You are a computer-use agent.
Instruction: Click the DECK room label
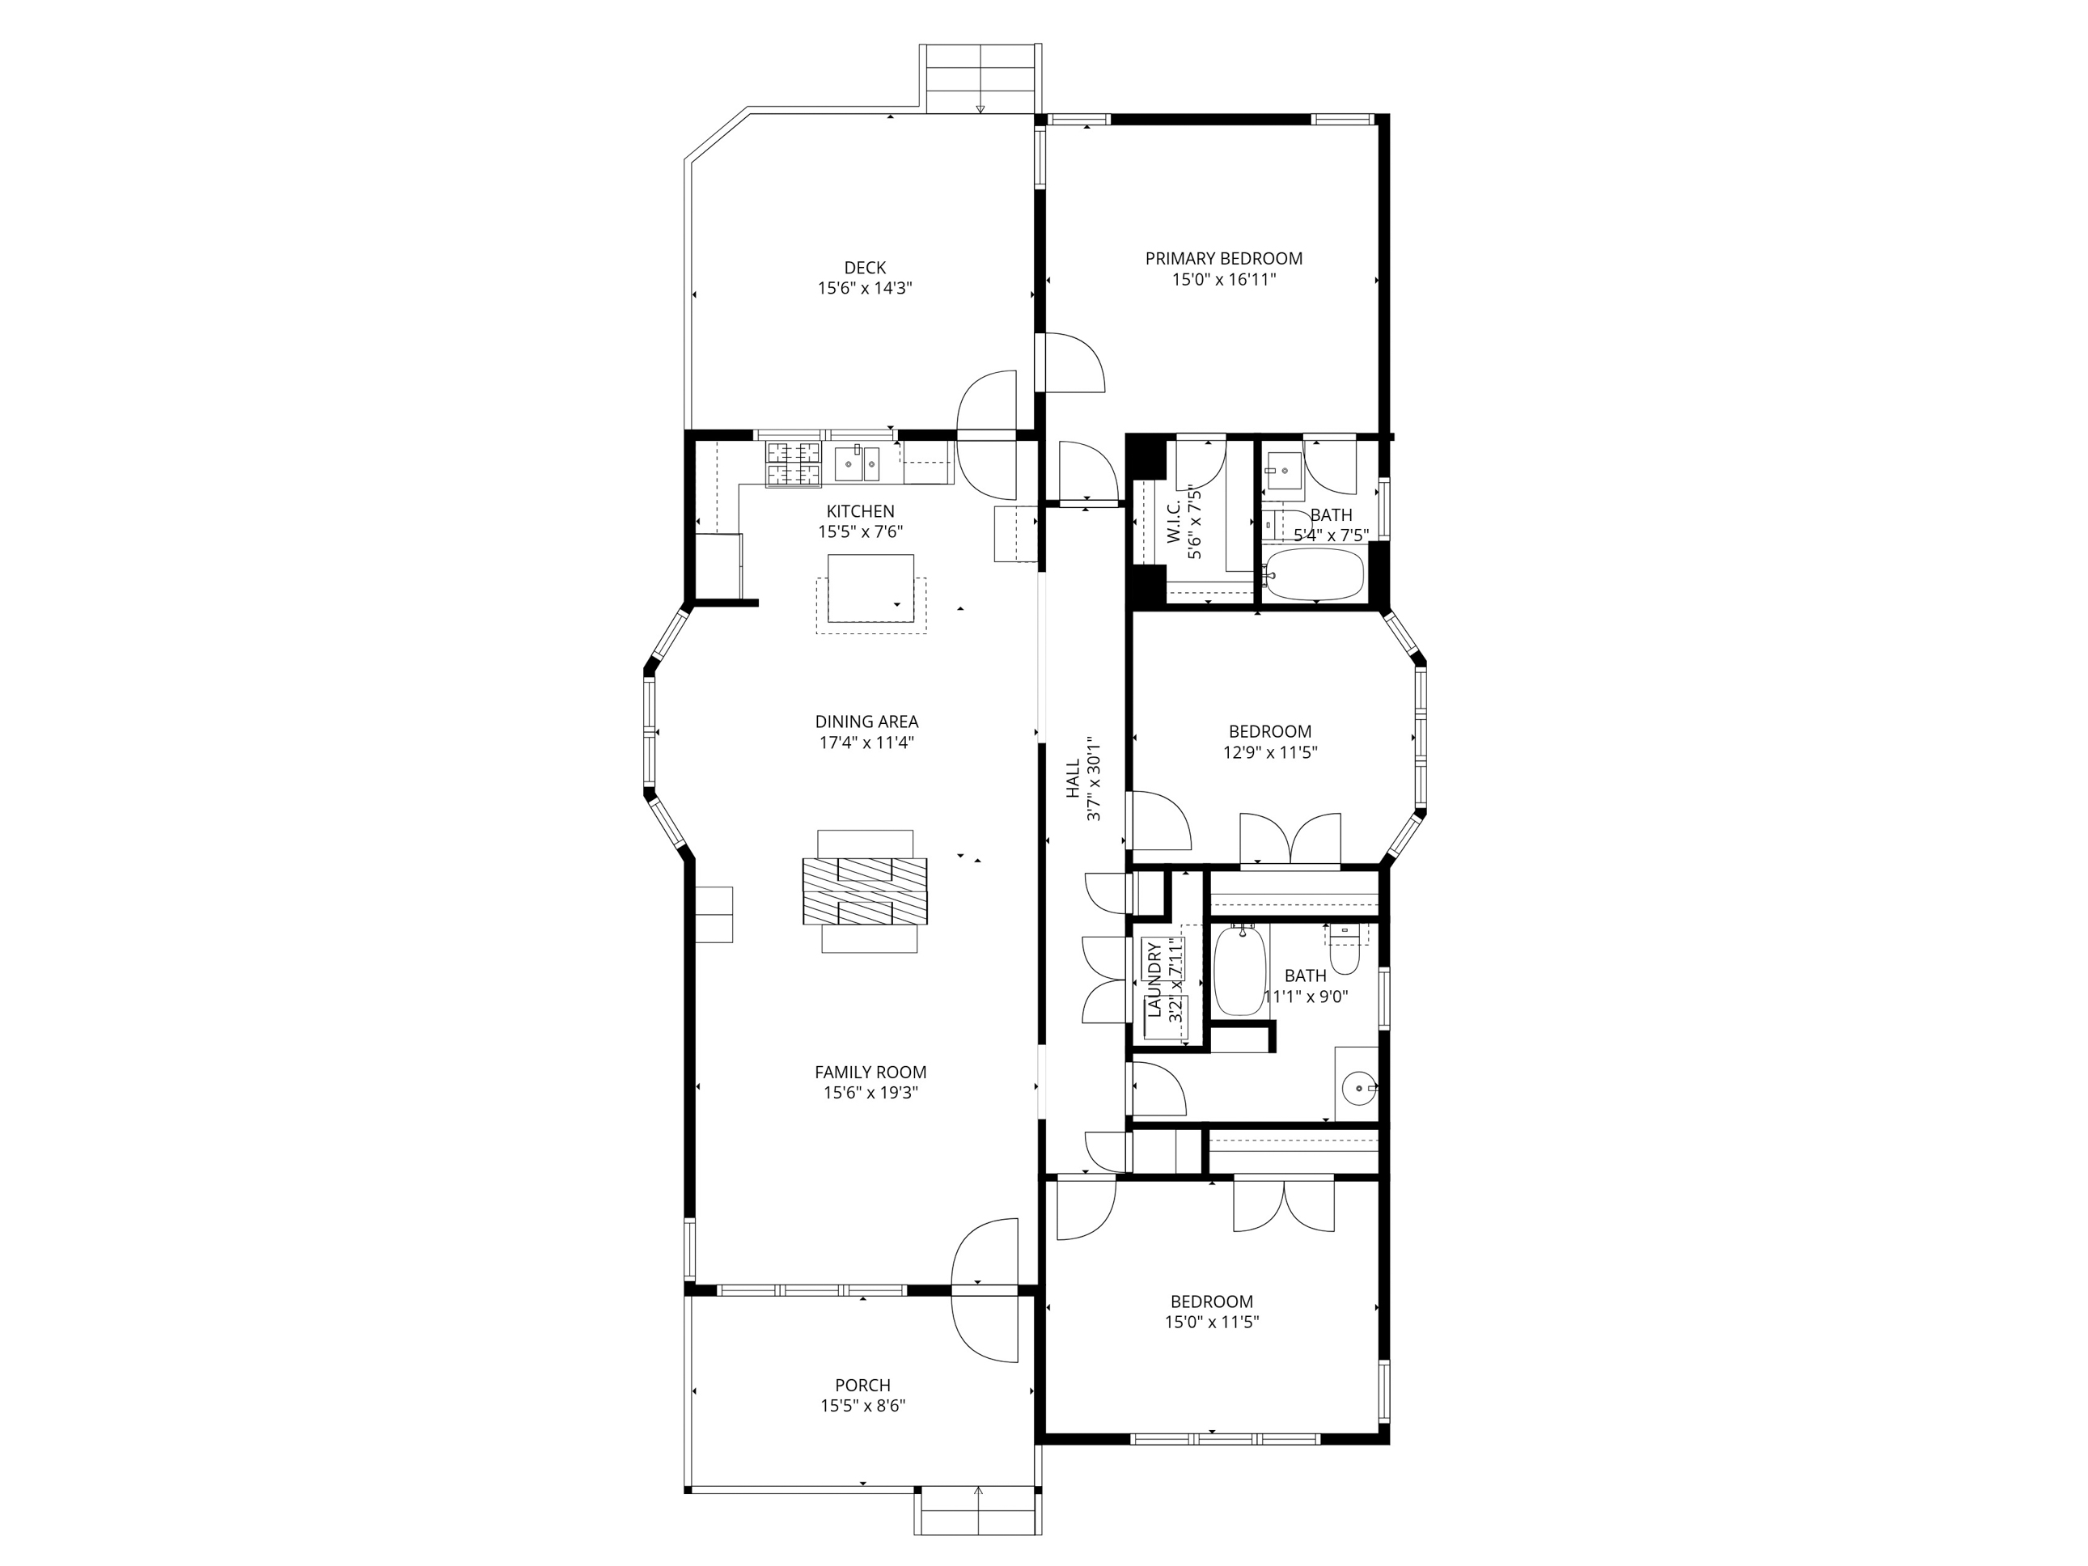pos(865,268)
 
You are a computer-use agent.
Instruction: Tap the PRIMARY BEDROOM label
pos(1223,259)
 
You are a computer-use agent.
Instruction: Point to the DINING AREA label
pos(866,722)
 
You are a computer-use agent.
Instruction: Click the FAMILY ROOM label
pos(870,1073)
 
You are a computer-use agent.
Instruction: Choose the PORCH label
pos(862,1386)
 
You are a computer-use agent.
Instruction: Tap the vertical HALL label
pos(1074,780)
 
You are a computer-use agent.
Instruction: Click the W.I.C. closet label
pos(1173,522)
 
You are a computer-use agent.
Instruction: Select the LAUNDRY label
pos(1154,979)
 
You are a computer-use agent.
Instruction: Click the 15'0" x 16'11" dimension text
pos(1224,279)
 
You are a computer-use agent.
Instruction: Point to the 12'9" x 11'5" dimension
pos(1269,752)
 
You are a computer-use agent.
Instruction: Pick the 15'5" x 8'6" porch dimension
pos(862,1407)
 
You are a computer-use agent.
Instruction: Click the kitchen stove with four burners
pos(793,464)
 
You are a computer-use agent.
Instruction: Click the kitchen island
pos(870,588)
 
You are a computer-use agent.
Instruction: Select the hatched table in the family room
pos(865,891)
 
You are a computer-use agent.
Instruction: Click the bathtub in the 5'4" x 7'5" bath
pos(1314,575)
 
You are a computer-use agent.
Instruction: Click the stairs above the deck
pos(980,78)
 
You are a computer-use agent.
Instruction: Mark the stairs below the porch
pos(978,1512)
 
